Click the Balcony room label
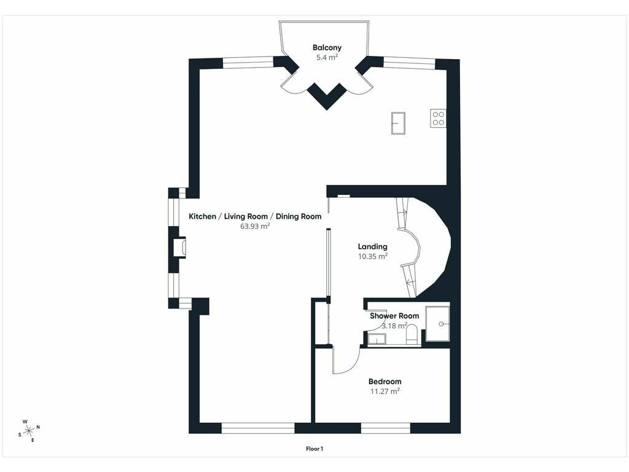(x=327, y=47)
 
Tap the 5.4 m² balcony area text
(x=327, y=57)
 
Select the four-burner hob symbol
(x=438, y=118)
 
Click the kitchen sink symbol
(x=398, y=123)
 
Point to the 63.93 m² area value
(x=255, y=226)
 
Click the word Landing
(x=373, y=246)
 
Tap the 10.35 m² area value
(x=373, y=256)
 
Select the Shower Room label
(x=394, y=316)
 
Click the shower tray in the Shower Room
(x=437, y=324)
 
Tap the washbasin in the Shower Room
(x=377, y=340)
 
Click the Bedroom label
(x=385, y=381)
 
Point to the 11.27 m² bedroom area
(x=385, y=391)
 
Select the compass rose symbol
(x=29, y=431)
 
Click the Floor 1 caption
(x=314, y=449)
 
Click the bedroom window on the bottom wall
(x=386, y=428)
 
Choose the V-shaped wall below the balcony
(x=327, y=96)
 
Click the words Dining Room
(x=299, y=216)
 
